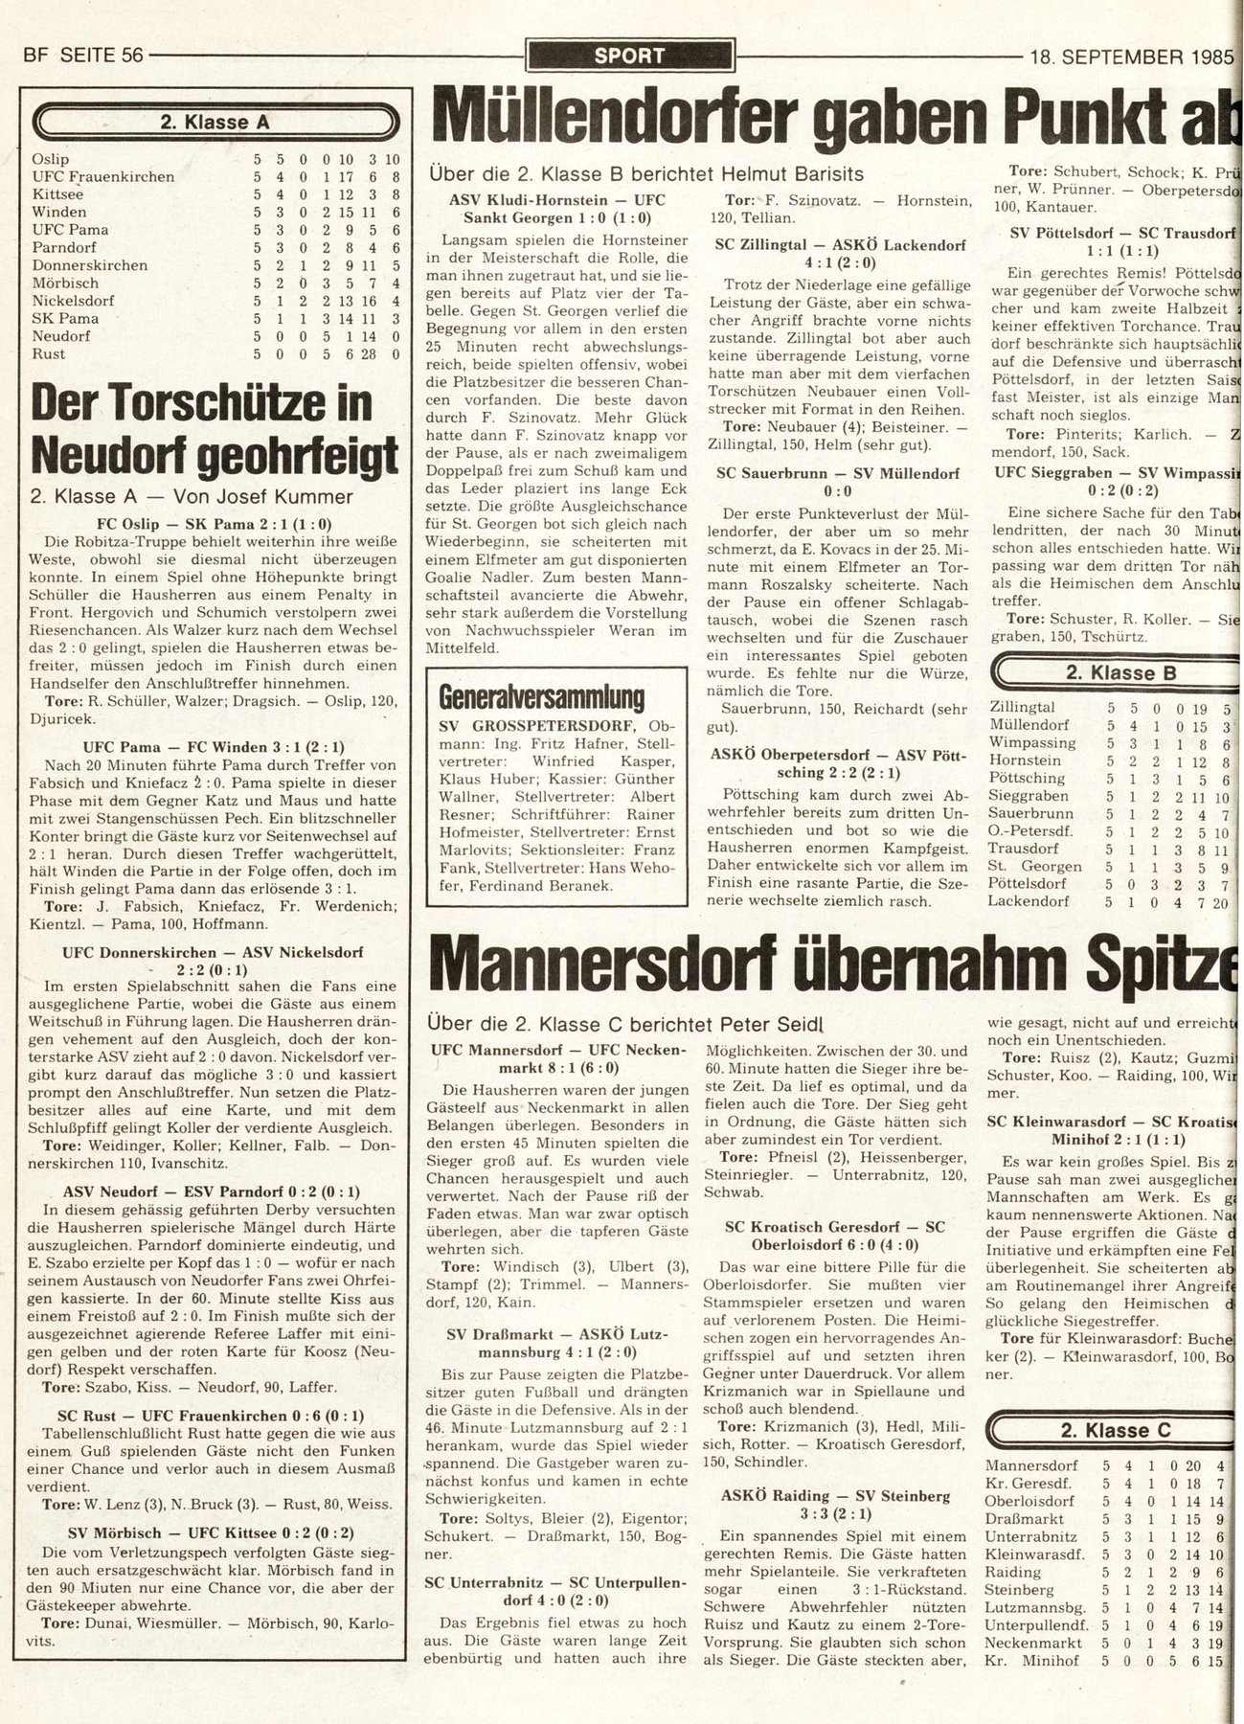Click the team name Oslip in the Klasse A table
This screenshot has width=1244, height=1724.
[50, 159]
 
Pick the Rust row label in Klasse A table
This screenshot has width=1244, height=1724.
[48, 354]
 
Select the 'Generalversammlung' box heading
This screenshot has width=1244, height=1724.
[540, 696]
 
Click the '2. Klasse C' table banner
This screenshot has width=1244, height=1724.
[1116, 1430]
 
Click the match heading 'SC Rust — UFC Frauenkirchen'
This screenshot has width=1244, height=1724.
[216, 1415]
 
